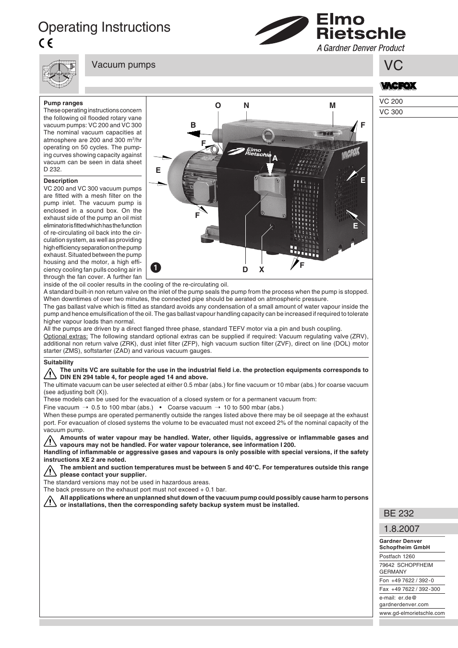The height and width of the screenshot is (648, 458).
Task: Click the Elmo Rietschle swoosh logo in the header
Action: pos(282,30)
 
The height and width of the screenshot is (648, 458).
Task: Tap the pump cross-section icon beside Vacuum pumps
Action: pos(59,74)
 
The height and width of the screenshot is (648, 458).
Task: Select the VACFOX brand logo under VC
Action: pos(398,86)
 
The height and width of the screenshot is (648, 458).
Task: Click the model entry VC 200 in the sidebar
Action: pos(391,101)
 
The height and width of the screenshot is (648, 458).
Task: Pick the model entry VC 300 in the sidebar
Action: pos(391,112)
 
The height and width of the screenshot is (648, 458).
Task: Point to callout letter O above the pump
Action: pos(218,106)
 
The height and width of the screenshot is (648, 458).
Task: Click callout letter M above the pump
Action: pos(332,106)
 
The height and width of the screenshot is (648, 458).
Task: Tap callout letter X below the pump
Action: pos(262,270)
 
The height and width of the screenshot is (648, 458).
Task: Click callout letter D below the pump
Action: pos(245,270)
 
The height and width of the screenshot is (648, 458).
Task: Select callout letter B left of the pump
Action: pos(193,125)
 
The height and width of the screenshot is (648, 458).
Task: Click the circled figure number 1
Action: pos(156,267)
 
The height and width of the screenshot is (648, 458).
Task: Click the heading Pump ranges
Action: pos(63,103)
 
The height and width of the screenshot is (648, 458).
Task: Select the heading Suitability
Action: pos(59,362)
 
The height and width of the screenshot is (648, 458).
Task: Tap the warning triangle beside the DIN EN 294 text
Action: pos(50,373)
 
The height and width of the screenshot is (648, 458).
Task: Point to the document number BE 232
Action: pos(398,513)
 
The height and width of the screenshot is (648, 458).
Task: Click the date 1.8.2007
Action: pos(401,528)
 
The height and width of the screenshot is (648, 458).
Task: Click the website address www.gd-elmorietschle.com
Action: pos(412,613)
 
